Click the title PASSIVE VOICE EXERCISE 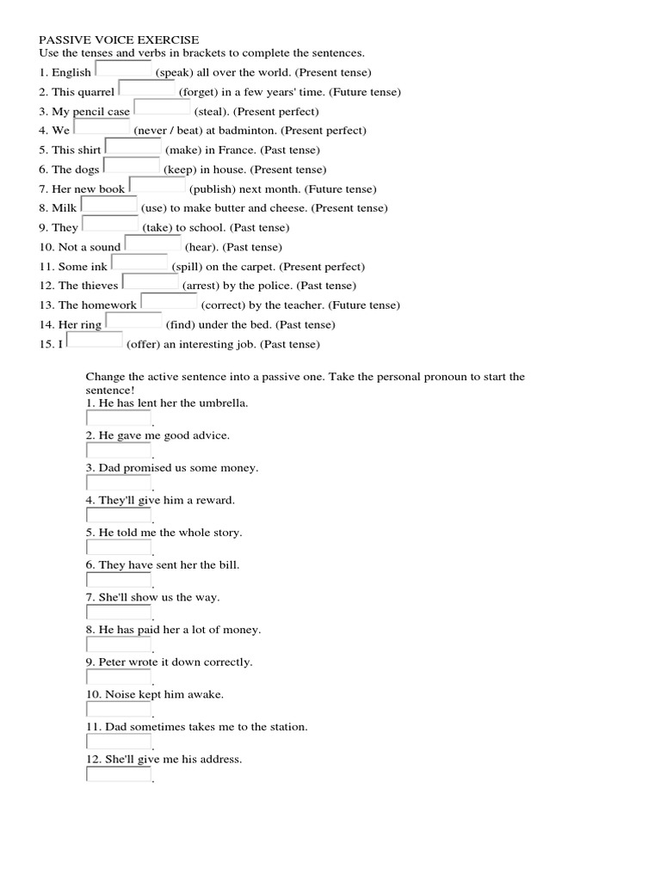pos(119,40)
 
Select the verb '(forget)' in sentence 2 pos(198,92)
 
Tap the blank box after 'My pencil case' pos(162,108)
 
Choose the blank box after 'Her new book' pos(157,185)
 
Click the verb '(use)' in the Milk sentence pos(153,208)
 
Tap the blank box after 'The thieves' pos(151,282)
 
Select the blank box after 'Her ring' pos(133,321)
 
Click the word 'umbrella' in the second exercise pos(222,403)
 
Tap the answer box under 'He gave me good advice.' pos(119,451)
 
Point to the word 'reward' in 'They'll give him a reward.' pos(216,500)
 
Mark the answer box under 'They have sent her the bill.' pos(119,581)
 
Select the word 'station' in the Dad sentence pos(287,727)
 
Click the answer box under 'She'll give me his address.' pos(119,774)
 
